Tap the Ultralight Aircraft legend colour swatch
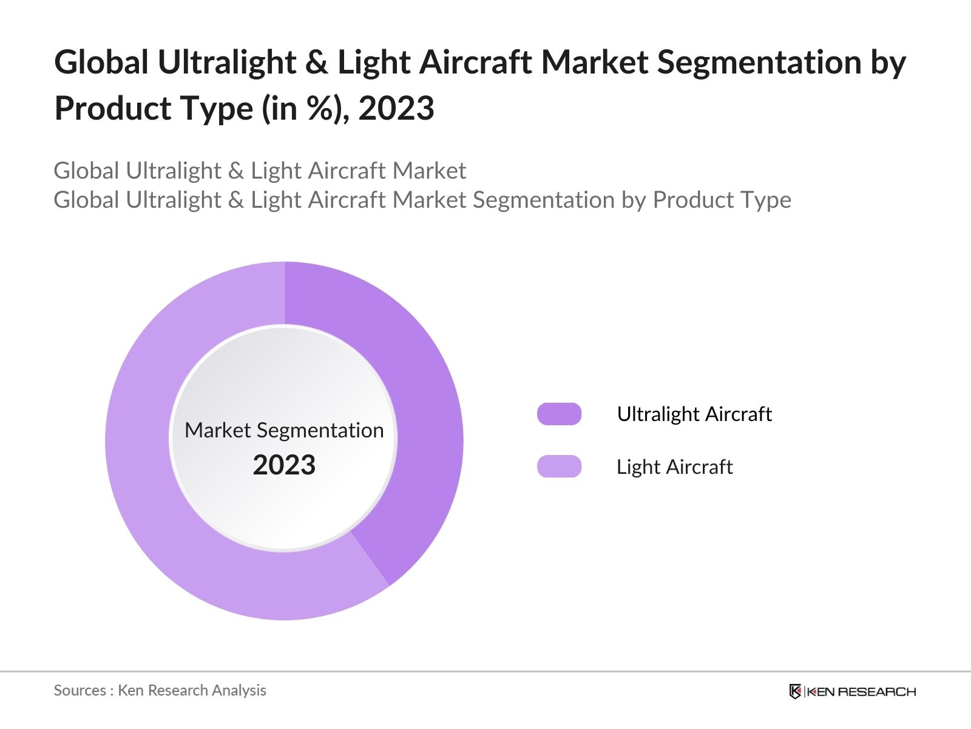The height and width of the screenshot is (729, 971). tap(559, 414)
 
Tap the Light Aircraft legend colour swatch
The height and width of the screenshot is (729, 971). tap(559, 467)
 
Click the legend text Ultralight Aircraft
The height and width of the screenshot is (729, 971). tap(694, 414)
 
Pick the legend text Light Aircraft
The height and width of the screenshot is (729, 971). tap(674, 467)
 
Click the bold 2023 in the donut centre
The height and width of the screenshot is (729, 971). tap(284, 465)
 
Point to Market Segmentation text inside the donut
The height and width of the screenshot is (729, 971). tap(284, 430)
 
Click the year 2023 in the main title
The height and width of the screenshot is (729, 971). tap(396, 109)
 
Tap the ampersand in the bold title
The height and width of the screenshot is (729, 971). tap(316, 63)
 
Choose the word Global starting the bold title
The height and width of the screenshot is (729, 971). tap(101, 63)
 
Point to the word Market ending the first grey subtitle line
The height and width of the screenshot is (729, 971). tap(429, 171)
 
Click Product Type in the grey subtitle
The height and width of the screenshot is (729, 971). tap(722, 200)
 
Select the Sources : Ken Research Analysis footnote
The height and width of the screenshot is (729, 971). tap(160, 690)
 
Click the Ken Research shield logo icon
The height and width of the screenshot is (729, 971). tap(795, 691)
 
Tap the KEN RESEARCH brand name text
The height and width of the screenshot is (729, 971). tap(861, 691)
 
